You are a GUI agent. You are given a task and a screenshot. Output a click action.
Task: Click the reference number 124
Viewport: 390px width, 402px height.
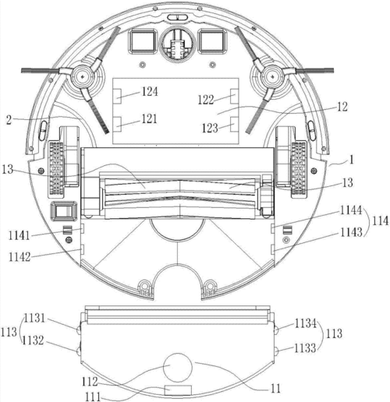coord(150,92)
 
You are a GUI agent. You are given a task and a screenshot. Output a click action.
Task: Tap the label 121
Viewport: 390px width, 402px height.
coord(149,118)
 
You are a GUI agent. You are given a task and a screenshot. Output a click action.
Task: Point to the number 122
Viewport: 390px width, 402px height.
coord(206,100)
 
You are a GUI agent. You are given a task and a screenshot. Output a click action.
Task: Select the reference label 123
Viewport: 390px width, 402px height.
coord(210,128)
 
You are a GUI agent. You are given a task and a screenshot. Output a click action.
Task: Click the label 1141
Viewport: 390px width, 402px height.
coord(19,236)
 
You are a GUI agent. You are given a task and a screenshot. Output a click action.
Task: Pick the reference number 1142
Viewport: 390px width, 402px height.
coord(19,257)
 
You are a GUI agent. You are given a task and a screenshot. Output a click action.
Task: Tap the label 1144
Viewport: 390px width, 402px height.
coord(351,210)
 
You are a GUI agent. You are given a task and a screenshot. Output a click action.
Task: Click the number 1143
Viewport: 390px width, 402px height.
coord(352,232)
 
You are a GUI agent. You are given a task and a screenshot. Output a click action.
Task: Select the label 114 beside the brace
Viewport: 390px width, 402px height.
coord(381,221)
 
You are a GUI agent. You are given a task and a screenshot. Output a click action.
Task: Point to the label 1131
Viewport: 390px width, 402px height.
coord(34,318)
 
